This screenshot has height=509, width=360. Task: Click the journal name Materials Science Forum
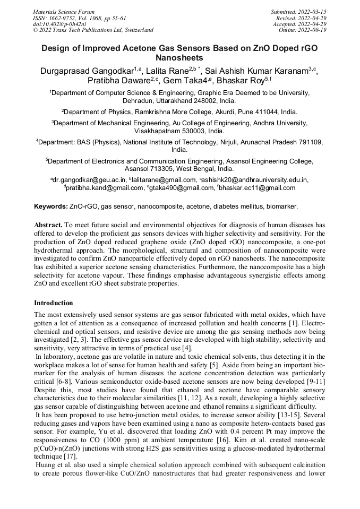[64, 11]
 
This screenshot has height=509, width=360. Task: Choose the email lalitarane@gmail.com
[164, 180]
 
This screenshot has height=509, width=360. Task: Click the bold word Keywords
[50, 205]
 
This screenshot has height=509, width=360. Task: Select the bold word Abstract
[49, 225]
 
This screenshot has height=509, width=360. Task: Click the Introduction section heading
[54, 303]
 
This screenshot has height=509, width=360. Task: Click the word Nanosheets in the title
[179, 57]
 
